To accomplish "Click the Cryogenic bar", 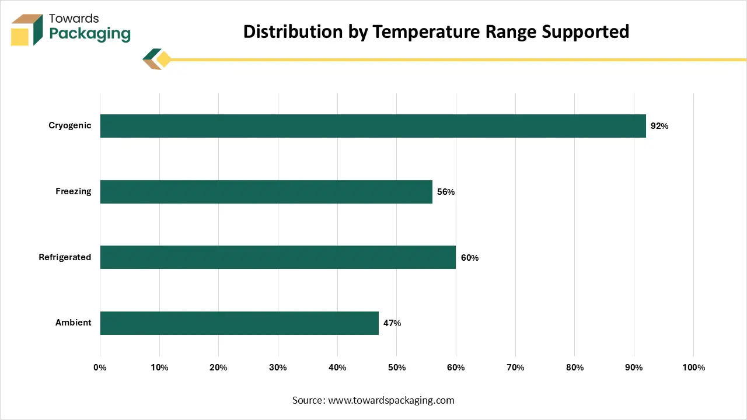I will pos(373,126).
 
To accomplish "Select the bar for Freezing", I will pos(266,192).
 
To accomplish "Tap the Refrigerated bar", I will pos(278,257).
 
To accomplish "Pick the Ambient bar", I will pos(239,323).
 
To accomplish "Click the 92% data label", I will pos(659,126).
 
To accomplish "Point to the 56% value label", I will pos(446,192).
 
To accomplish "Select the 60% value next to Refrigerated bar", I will pos(470,258).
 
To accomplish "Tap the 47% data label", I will pos(392,323).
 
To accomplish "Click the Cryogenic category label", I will pos(70,125).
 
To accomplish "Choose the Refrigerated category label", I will pos(65,257).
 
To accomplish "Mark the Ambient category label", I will pos(74,323).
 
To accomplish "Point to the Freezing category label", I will pos(74,191).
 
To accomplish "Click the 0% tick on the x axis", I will pos(100,367).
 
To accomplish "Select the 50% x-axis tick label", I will pos(396,367).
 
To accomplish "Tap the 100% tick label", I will pos(693,367).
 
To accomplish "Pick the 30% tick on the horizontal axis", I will pos(278,367).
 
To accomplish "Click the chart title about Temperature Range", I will pos(436,32).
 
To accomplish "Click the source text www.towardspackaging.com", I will pos(391,400).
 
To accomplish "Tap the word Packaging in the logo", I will pos(90,33).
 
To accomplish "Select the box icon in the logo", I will pos(27,29).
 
